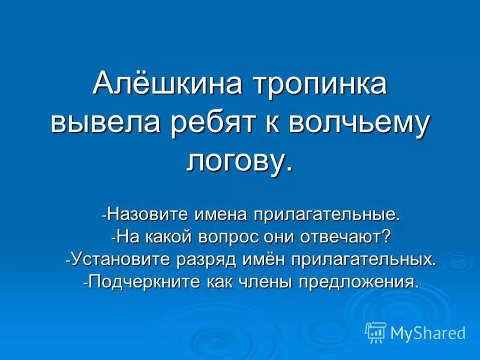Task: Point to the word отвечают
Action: click(352, 236)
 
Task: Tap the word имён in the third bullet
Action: click(259, 259)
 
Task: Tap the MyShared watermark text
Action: click(428, 332)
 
